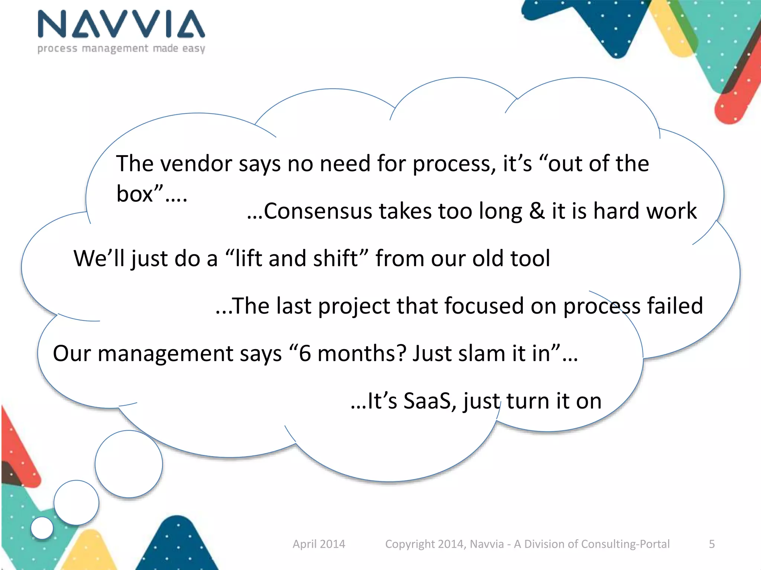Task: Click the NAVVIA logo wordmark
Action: click(x=121, y=24)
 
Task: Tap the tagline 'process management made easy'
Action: click(x=121, y=49)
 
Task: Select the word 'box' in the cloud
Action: click(x=135, y=194)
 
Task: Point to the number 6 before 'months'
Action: click(x=305, y=353)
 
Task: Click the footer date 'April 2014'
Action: click(x=319, y=544)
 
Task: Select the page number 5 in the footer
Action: click(x=712, y=544)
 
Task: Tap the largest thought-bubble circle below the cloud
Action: click(x=129, y=464)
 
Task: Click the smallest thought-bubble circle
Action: click(x=42, y=528)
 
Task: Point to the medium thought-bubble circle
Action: click(x=76, y=503)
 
